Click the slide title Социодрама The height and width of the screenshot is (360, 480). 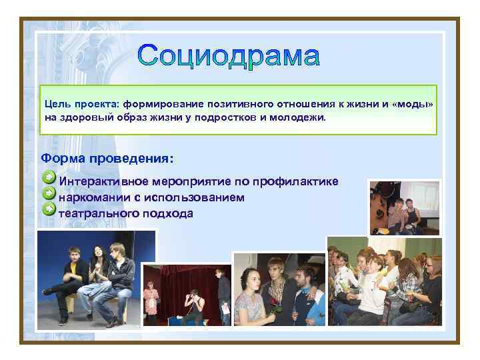pyautogui.click(x=229, y=56)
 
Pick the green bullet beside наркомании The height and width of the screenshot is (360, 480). pyautogui.click(x=49, y=194)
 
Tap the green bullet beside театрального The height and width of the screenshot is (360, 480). pyautogui.click(x=49, y=210)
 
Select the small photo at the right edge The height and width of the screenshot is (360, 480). pyautogui.click(x=405, y=207)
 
